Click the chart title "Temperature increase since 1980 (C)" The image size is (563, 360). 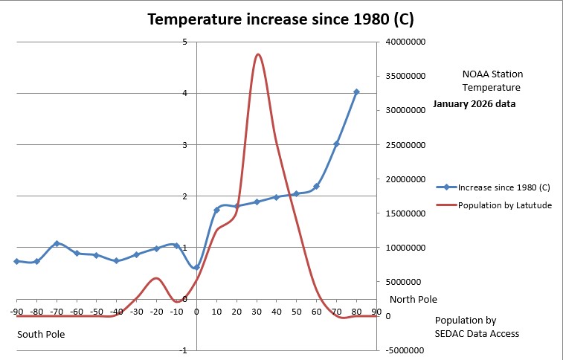281,19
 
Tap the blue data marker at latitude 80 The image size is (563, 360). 356,92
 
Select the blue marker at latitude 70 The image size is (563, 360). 336,144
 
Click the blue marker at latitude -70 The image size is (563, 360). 57,244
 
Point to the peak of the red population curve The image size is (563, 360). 257,54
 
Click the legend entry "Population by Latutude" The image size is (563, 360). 504,205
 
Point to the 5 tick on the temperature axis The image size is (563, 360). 184,42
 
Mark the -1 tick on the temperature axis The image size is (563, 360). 184,350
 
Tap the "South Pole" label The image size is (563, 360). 41,335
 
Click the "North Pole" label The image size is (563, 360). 413,300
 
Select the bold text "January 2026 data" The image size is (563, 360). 474,104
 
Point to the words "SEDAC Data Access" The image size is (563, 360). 477,333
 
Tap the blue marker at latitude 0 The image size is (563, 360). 196,266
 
